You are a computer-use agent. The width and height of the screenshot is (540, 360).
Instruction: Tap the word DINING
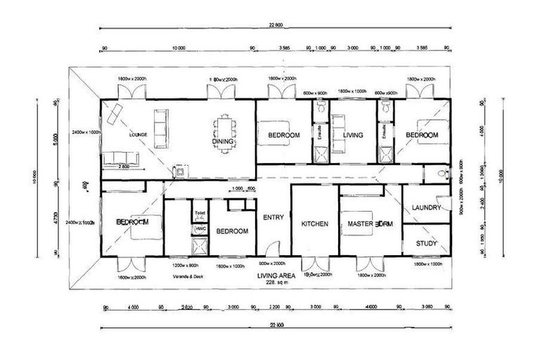point(222,141)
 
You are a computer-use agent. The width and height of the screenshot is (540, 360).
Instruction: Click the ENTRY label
point(273,217)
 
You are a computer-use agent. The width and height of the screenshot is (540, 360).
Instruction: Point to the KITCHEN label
point(314,224)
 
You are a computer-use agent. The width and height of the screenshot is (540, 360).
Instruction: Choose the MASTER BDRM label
point(368,224)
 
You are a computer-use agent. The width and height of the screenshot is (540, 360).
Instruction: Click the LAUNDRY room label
point(426,207)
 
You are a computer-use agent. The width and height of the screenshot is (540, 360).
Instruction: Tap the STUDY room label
point(426,244)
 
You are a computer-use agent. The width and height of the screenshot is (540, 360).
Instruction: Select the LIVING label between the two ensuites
point(352,134)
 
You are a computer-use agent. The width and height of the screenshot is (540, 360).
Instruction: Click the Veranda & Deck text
point(189,276)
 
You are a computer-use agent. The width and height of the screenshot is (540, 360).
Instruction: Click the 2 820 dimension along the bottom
point(186,307)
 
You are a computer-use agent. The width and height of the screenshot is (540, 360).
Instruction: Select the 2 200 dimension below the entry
point(275,307)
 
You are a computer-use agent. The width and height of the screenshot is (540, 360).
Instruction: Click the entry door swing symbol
point(276,249)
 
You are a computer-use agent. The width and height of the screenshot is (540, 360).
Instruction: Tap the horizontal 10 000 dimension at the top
point(177,49)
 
